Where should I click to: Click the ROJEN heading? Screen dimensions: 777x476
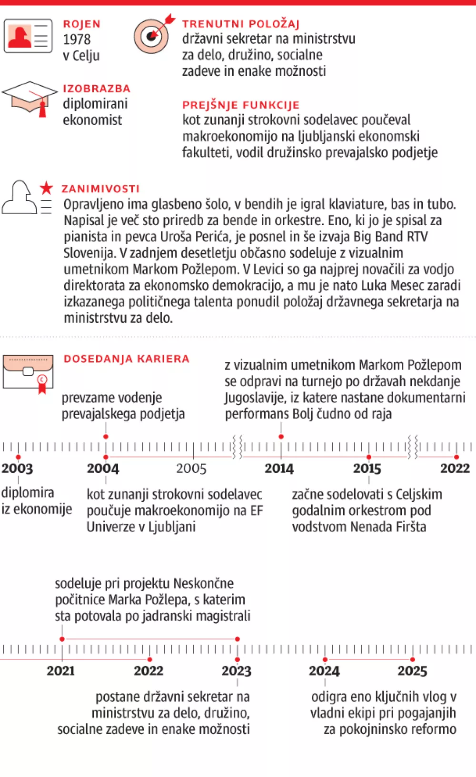(x=81, y=24)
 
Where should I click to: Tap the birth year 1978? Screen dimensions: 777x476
(x=77, y=40)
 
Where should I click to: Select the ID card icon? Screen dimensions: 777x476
(x=28, y=36)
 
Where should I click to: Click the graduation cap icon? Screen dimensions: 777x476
(x=30, y=98)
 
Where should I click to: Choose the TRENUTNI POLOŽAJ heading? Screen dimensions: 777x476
(x=240, y=24)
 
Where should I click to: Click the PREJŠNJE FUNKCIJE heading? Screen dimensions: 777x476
(x=240, y=105)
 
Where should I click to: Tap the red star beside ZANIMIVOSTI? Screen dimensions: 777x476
(x=46, y=188)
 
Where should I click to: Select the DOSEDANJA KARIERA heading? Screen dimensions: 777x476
(x=126, y=359)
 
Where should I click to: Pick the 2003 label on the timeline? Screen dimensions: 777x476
(x=17, y=468)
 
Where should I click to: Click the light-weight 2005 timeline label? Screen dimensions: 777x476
(x=191, y=468)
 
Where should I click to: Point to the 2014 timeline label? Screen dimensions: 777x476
(x=279, y=468)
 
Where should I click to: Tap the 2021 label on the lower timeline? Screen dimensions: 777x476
(x=60, y=671)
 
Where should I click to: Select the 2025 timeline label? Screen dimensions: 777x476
(x=412, y=671)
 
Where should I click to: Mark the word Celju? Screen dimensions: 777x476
(x=86, y=56)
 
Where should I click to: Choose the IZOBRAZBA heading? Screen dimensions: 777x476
(x=96, y=89)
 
